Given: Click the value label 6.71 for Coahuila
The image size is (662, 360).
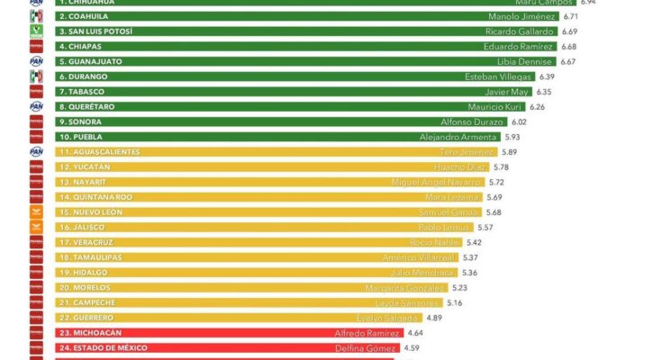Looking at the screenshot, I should (x=571, y=16).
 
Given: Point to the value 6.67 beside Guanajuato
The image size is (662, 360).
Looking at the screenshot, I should (x=567, y=61).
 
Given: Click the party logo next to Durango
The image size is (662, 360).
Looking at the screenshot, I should (x=36, y=76).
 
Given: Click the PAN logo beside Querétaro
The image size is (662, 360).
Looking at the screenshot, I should (x=36, y=106).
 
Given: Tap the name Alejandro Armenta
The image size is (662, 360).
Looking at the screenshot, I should (x=458, y=137).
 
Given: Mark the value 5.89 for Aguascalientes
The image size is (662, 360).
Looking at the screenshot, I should (x=509, y=152).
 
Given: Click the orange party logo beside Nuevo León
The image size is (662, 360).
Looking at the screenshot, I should (x=36, y=211).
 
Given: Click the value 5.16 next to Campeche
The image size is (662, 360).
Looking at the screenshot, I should (x=455, y=302).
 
